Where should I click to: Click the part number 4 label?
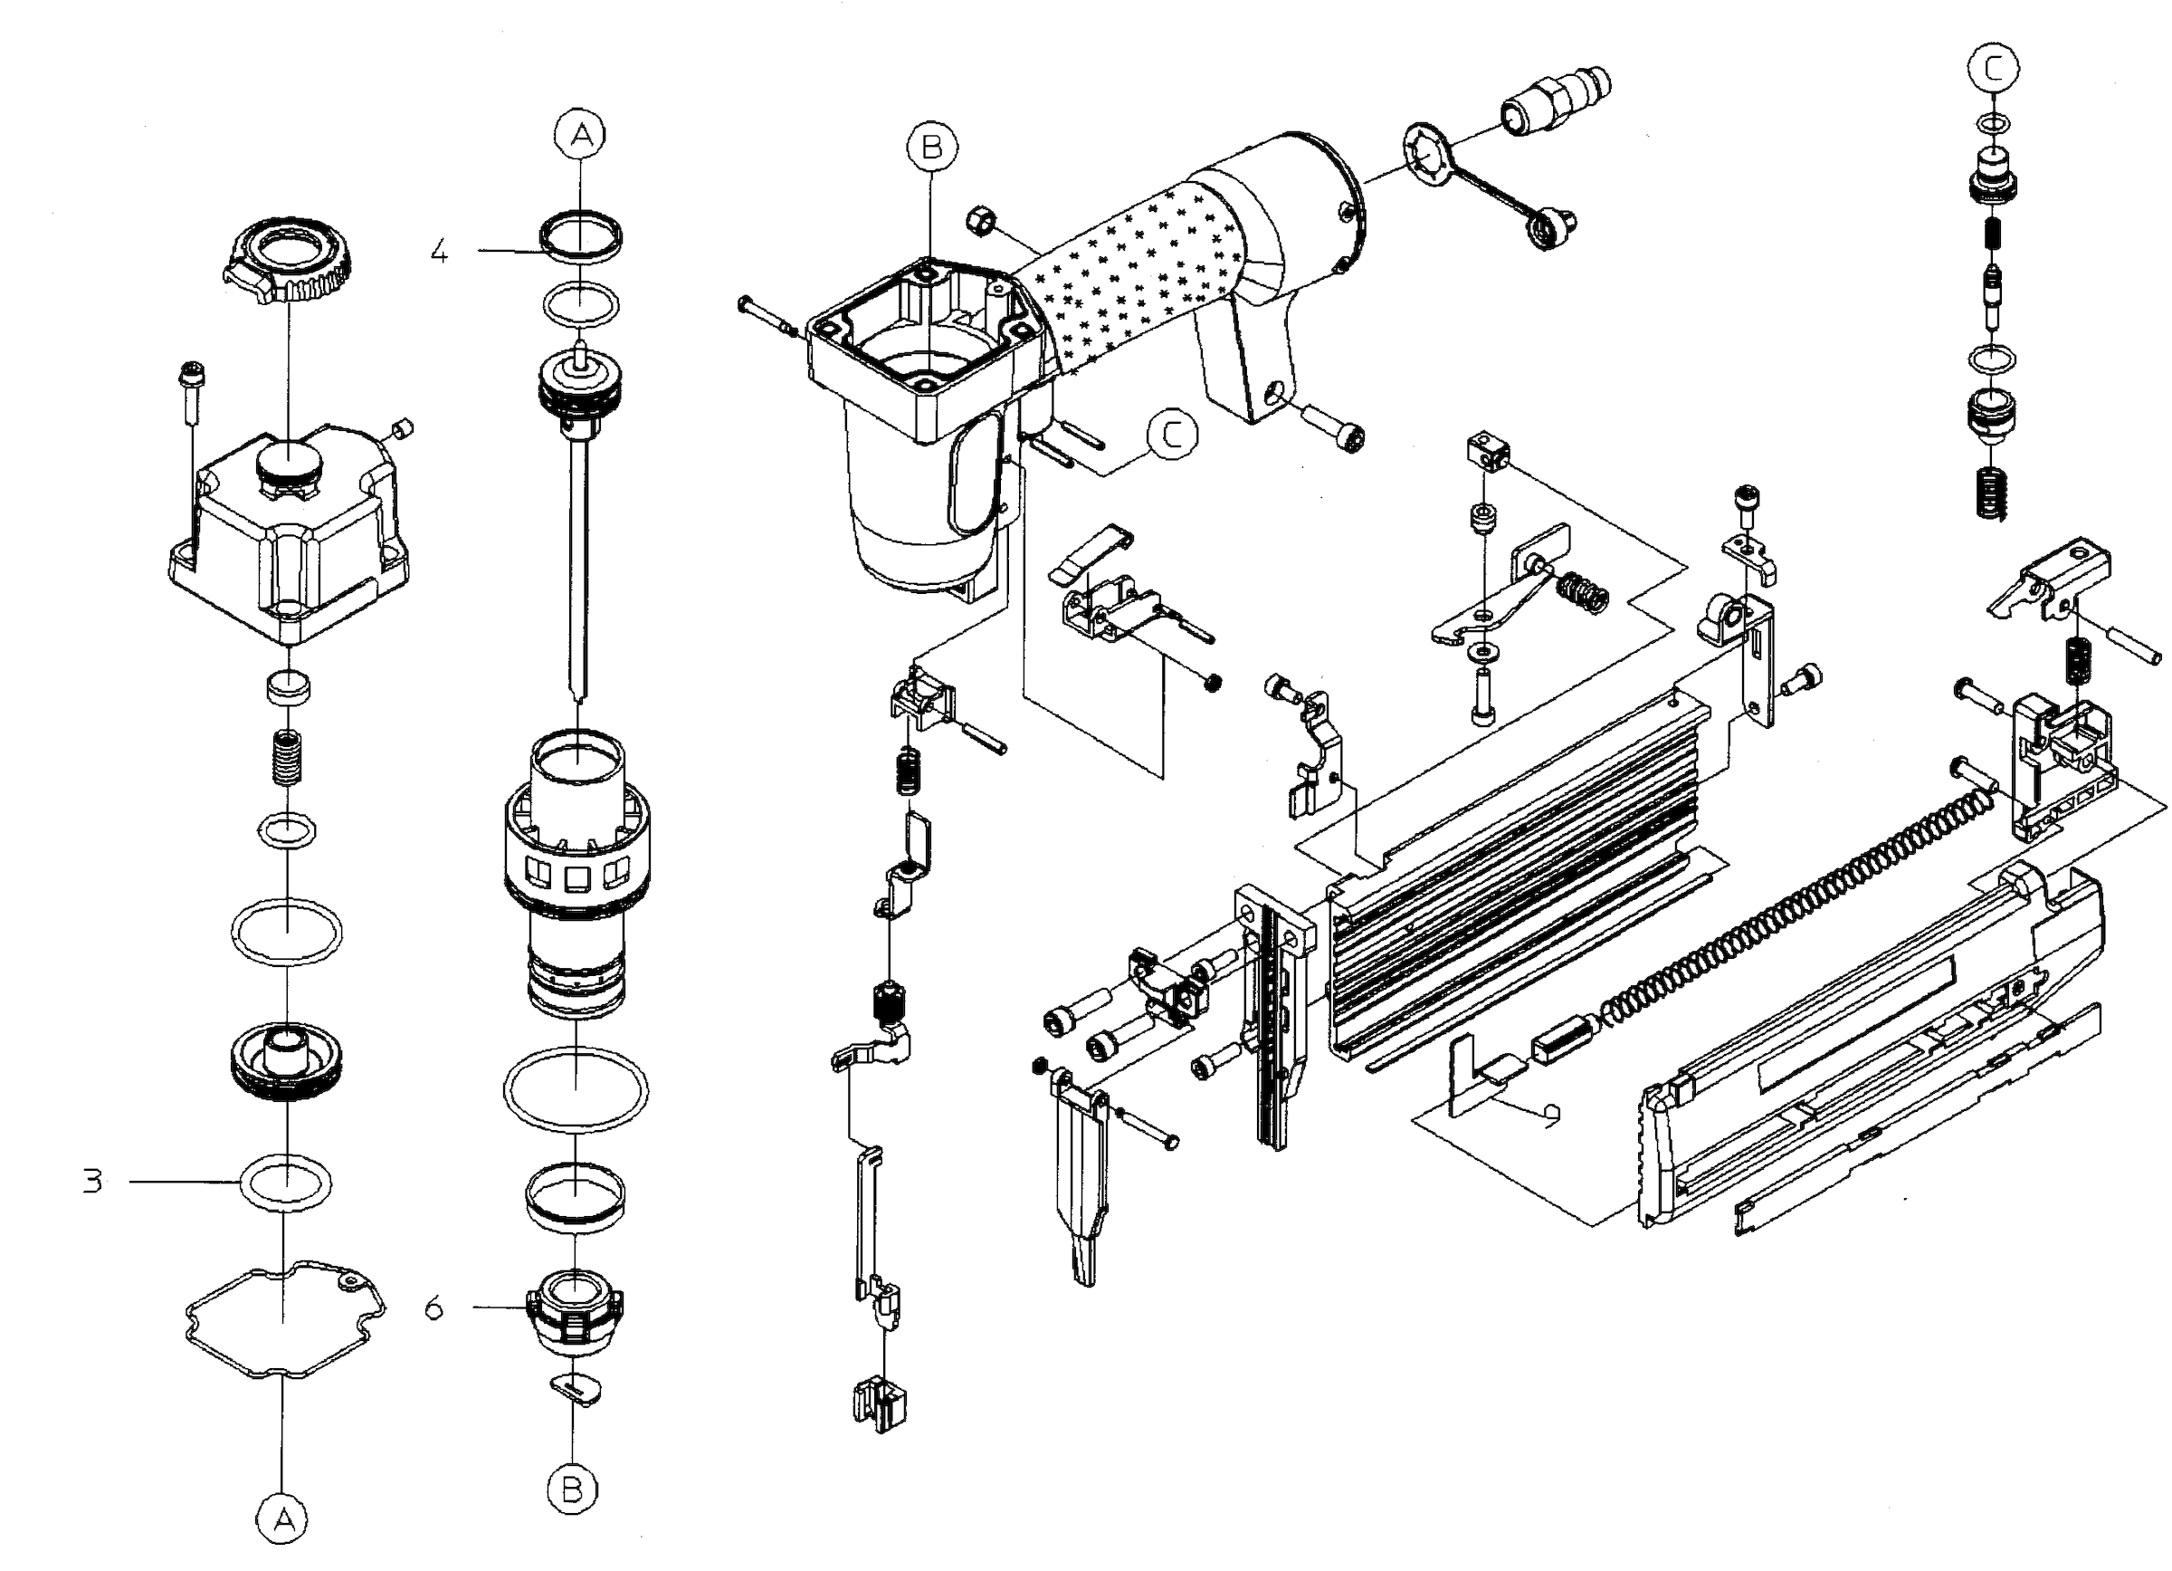click(x=439, y=252)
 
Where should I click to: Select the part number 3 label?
click(x=92, y=1181)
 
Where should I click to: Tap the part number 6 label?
click(x=434, y=1308)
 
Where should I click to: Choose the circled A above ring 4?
click(x=581, y=135)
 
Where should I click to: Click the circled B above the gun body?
click(x=932, y=147)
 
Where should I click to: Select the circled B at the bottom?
click(x=573, y=1490)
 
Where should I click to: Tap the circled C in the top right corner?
click(x=1994, y=68)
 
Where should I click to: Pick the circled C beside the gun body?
click(x=1172, y=434)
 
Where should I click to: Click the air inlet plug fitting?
click(x=1554, y=101)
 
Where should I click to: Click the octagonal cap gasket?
click(x=284, y=1319)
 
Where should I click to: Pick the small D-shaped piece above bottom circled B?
click(x=577, y=1388)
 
